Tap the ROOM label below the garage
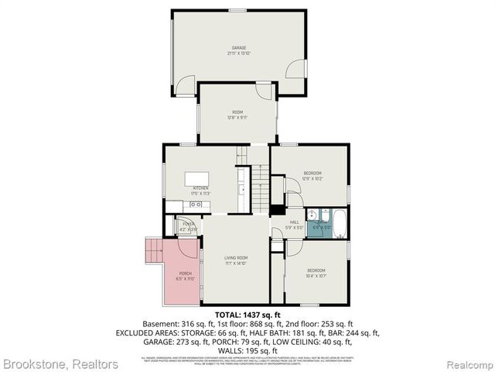tap(237, 112)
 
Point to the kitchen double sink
tap(196, 205)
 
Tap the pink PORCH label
tap(186, 274)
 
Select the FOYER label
tap(188, 224)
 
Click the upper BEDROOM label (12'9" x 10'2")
tap(312, 172)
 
